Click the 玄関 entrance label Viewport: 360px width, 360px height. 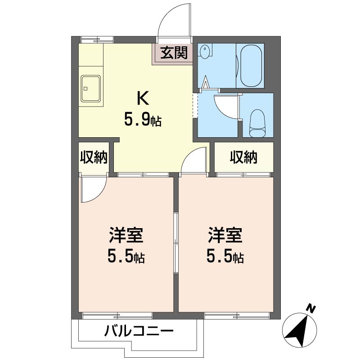[174, 53]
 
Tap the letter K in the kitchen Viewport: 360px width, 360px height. [143, 98]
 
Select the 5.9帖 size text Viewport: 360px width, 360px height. [143, 120]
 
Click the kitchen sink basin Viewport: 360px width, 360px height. [91, 89]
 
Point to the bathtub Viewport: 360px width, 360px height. [251, 65]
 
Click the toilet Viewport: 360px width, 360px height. [257, 123]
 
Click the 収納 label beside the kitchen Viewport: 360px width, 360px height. [94, 157]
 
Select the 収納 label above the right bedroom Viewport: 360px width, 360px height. [243, 157]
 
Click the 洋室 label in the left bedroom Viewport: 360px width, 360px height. [126, 235]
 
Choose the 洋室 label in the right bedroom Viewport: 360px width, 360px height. [225, 235]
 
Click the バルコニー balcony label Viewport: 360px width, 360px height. [139, 331]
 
